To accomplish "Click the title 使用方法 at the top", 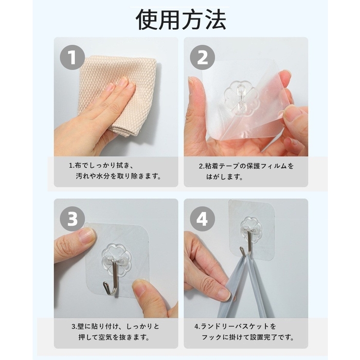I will pyautogui.click(x=180, y=19).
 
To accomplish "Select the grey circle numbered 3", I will pyautogui.click(x=72, y=219).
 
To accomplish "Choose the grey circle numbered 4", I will pyautogui.click(x=202, y=219).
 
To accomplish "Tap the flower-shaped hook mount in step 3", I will pyautogui.click(x=116, y=256).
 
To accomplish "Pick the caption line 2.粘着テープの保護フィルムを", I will pyautogui.click(x=246, y=165).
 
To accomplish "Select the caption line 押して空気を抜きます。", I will pyautogui.click(x=111, y=337).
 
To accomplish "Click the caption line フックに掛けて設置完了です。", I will pyautogui.click(x=249, y=337).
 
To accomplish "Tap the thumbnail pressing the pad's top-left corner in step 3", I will pyautogui.click(x=87, y=236).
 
